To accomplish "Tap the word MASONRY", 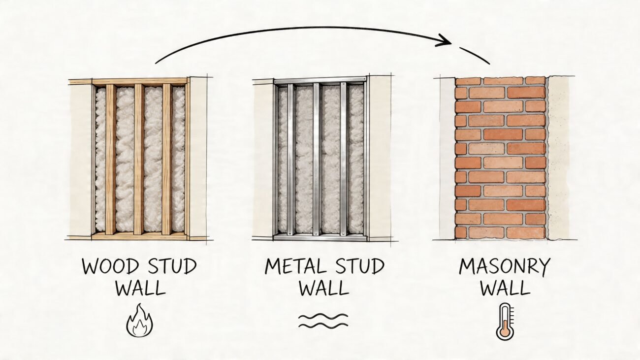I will pyautogui.click(x=505, y=267).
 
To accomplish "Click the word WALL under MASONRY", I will pyautogui.click(x=505, y=288).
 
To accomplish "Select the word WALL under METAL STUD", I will pyautogui.click(x=323, y=288).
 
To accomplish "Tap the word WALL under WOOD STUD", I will pyautogui.click(x=140, y=288).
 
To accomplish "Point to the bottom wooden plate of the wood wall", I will pyautogui.click(x=140, y=236).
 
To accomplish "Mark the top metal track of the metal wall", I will pyautogui.click(x=320, y=80).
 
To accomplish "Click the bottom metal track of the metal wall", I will pyautogui.click(x=320, y=237).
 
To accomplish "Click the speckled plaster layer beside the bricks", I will pyautogui.click(x=558, y=158).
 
